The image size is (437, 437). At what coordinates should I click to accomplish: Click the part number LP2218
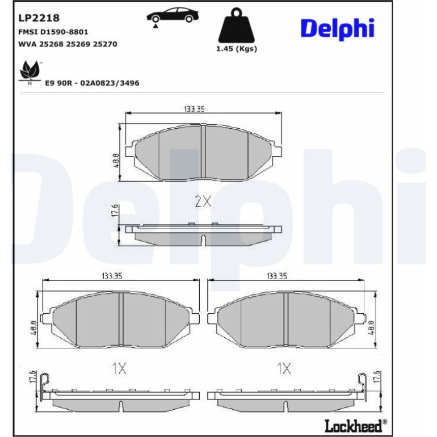pyautogui.click(x=39, y=18)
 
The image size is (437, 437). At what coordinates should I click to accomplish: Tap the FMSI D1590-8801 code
pyautogui.click(x=53, y=32)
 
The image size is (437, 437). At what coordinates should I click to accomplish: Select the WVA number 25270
pyautogui.click(x=105, y=44)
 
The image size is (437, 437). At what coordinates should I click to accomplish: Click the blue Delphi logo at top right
pyautogui.click(x=337, y=29)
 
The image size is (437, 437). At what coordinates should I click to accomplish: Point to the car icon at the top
pyautogui.click(x=173, y=16)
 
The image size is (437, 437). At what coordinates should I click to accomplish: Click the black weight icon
pyautogui.click(x=237, y=25)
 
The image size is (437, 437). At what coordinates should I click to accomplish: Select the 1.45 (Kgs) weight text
pyautogui.click(x=237, y=49)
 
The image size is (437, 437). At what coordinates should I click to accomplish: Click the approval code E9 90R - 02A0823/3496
pyautogui.click(x=93, y=83)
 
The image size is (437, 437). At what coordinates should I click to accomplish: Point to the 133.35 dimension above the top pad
pyautogui.click(x=194, y=109)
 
